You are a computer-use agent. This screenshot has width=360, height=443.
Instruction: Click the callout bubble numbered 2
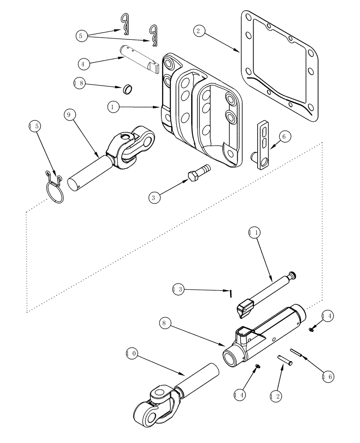click(x=199, y=31)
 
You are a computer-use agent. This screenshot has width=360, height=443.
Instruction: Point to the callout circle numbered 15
click(x=35, y=126)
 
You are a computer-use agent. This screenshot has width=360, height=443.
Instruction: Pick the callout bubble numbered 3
click(x=154, y=198)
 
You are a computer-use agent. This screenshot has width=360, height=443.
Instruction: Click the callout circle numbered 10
click(x=132, y=354)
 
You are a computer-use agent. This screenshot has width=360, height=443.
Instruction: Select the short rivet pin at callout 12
click(x=285, y=360)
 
